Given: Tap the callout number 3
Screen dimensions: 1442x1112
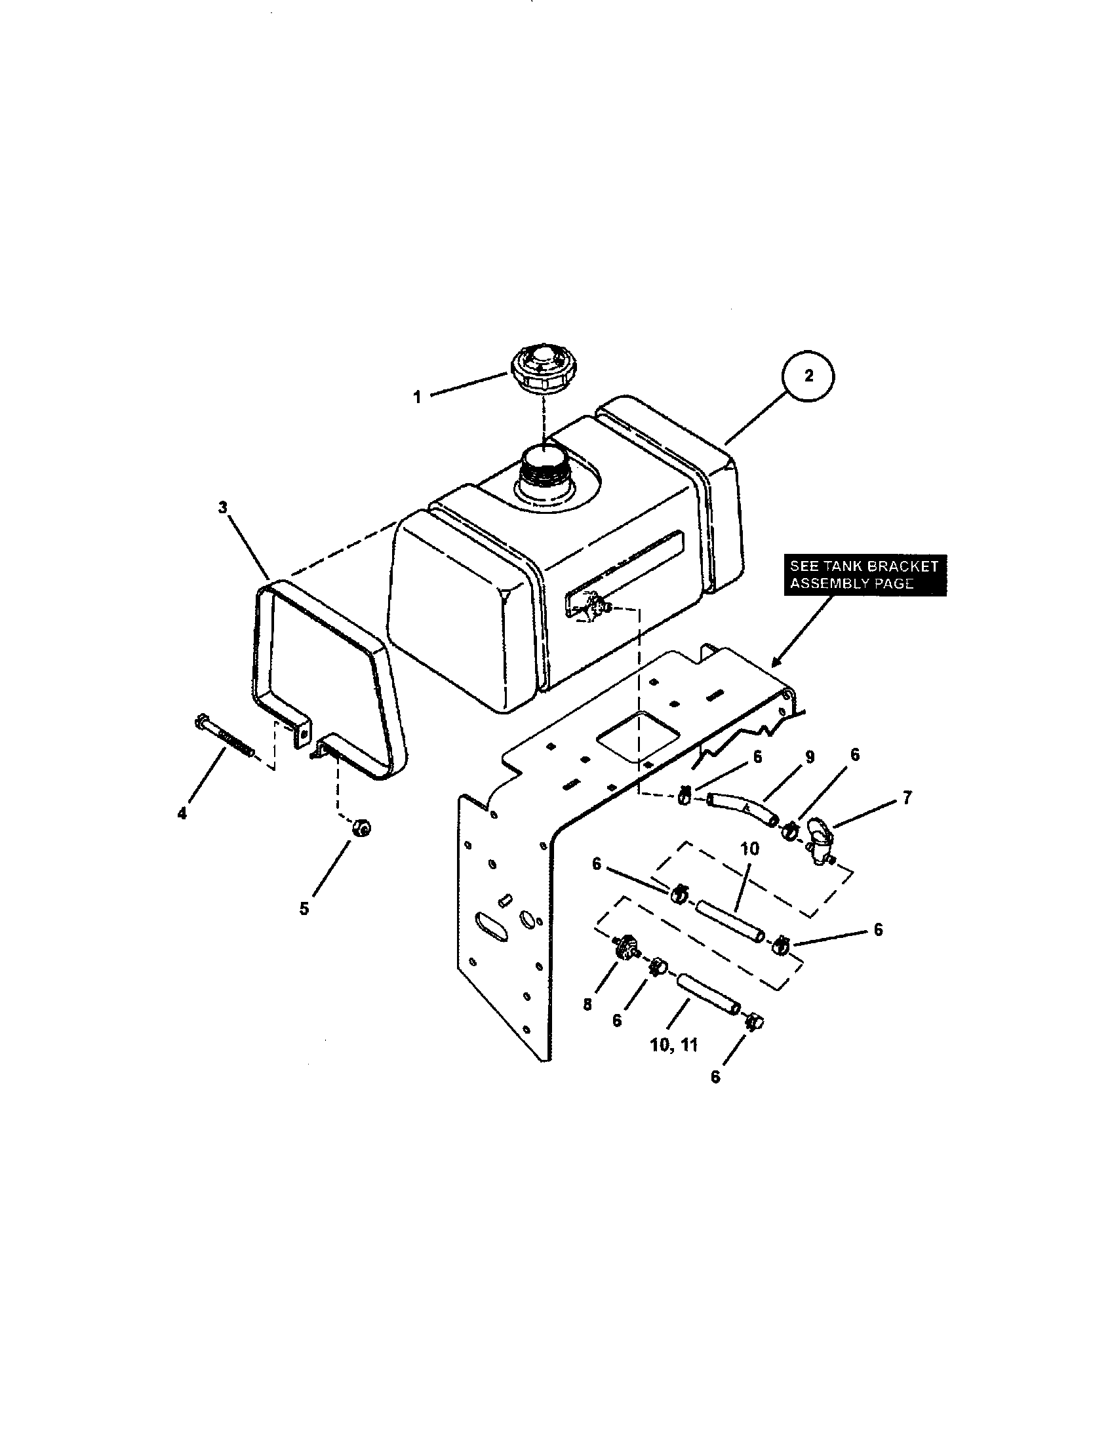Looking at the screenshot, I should click(222, 507).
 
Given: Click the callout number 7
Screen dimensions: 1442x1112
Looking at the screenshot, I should click(907, 798).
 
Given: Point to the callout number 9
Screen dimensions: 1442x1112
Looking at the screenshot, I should click(810, 756).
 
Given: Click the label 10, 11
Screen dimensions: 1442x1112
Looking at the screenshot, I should click(673, 1045).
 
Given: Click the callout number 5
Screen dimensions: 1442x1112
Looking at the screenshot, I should click(304, 908).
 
